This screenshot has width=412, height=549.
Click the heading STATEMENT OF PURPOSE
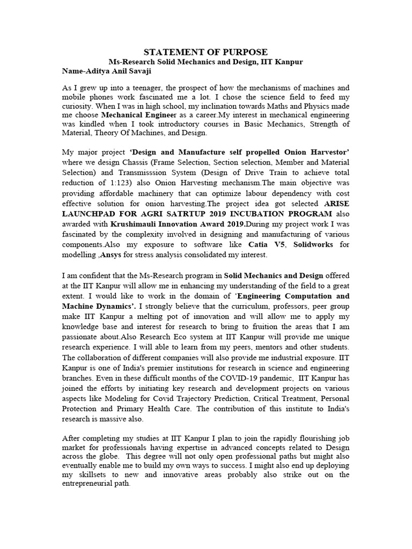point(206,52)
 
